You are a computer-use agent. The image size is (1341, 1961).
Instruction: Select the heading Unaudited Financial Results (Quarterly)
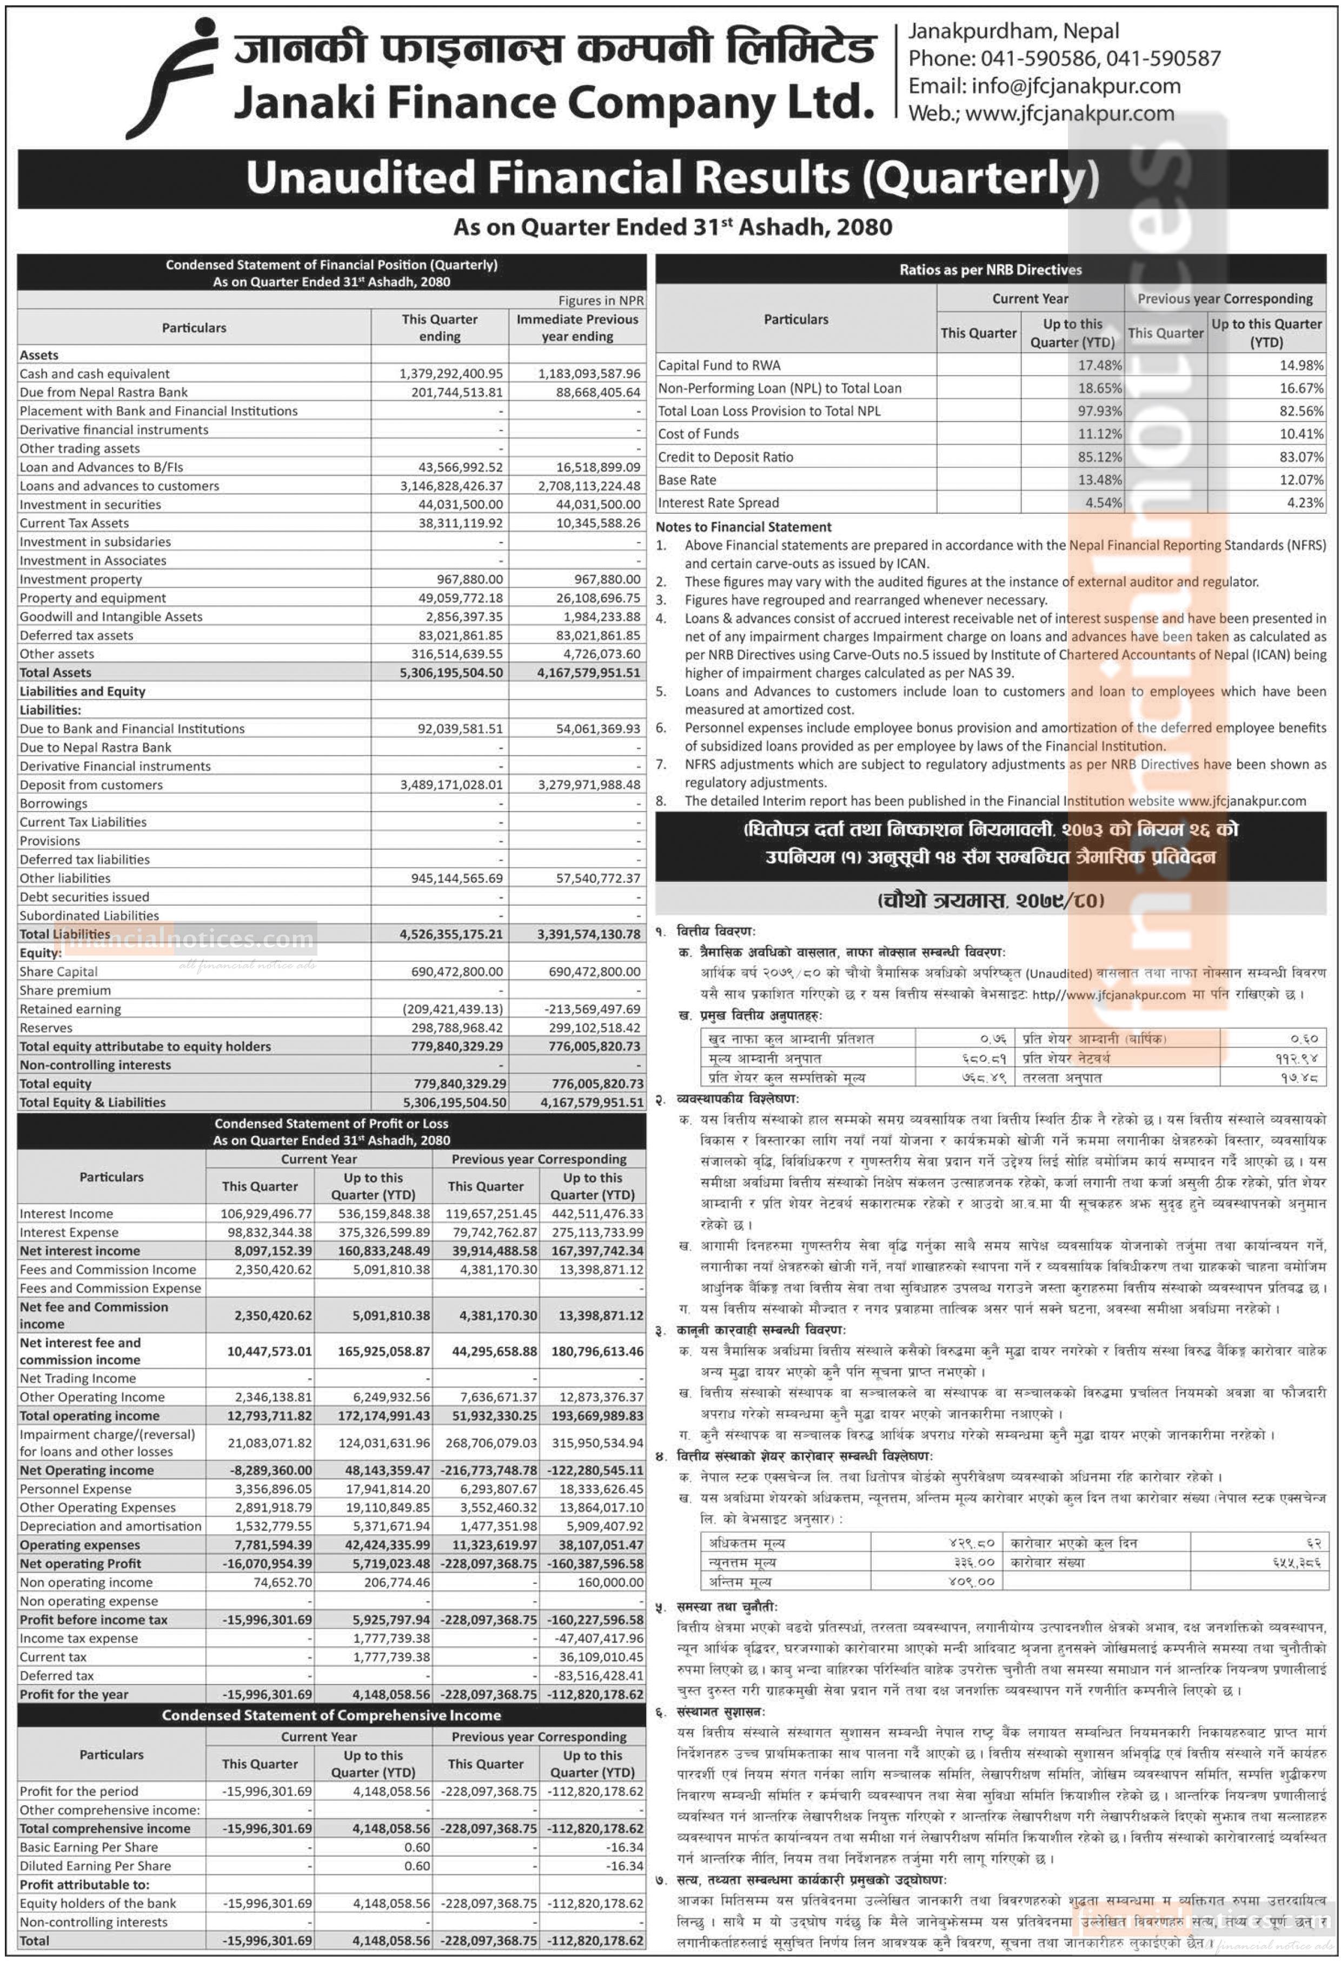(672, 178)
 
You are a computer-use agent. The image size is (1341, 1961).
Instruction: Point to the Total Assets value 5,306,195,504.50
(451, 672)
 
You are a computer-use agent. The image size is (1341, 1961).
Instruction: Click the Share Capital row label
(58, 971)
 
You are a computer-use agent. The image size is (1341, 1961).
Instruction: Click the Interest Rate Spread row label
(719, 503)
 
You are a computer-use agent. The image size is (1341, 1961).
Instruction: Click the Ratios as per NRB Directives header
(990, 270)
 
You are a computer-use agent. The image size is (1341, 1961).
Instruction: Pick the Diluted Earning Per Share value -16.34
(624, 1866)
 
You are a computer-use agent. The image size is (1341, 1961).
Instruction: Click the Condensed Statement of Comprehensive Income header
(331, 1715)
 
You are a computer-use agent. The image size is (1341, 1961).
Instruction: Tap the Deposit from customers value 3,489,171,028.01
(451, 785)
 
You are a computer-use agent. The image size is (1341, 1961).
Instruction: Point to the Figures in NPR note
(601, 300)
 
